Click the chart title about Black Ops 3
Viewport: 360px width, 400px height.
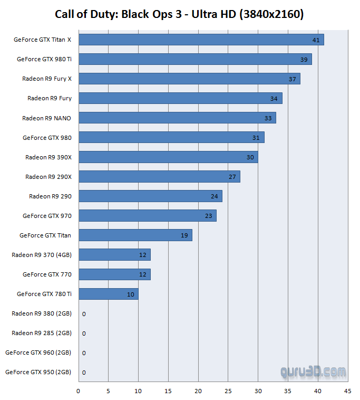point(179,14)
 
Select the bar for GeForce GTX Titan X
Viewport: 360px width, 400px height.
point(201,40)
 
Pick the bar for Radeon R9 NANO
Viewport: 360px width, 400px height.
point(177,118)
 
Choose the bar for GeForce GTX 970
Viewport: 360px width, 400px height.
point(147,215)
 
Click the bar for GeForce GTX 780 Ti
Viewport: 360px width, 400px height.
point(108,294)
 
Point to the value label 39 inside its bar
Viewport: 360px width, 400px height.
point(304,60)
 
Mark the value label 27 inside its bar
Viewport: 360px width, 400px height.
point(232,177)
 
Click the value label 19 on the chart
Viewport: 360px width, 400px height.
point(184,235)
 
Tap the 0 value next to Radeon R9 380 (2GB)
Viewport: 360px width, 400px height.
point(84,314)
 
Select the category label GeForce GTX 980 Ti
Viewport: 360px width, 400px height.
point(44,59)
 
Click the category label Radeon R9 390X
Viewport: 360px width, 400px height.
point(48,157)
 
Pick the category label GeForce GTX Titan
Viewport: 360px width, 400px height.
point(45,235)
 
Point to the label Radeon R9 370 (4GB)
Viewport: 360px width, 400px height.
point(42,255)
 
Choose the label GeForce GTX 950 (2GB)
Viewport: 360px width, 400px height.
point(38,372)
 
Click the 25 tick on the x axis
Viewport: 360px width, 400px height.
point(228,391)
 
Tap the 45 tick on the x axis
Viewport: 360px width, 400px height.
point(347,391)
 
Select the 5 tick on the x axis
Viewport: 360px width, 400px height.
point(108,391)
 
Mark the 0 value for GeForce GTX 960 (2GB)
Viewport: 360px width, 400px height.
point(84,353)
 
